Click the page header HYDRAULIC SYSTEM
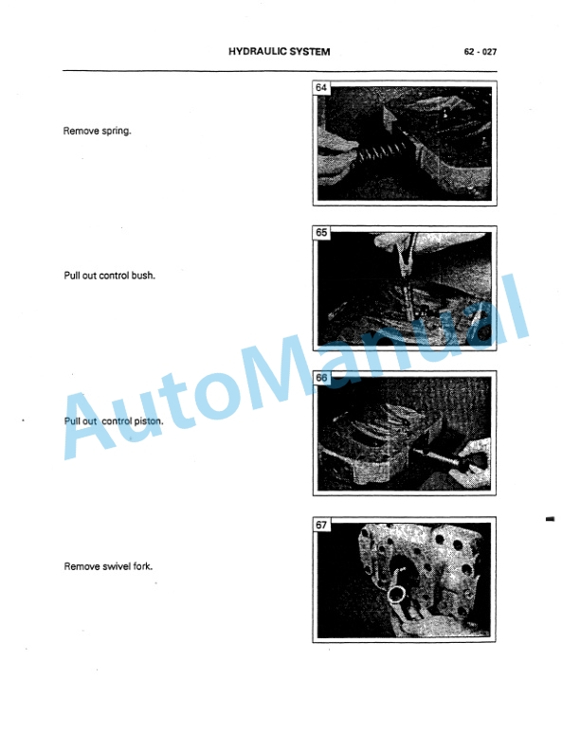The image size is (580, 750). coord(280,52)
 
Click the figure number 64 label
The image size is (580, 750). coord(320,89)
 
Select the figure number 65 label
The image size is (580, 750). coord(320,232)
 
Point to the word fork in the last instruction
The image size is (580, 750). coord(142,566)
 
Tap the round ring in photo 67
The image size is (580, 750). coord(396,596)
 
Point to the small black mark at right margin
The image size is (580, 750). coord(550,520)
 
